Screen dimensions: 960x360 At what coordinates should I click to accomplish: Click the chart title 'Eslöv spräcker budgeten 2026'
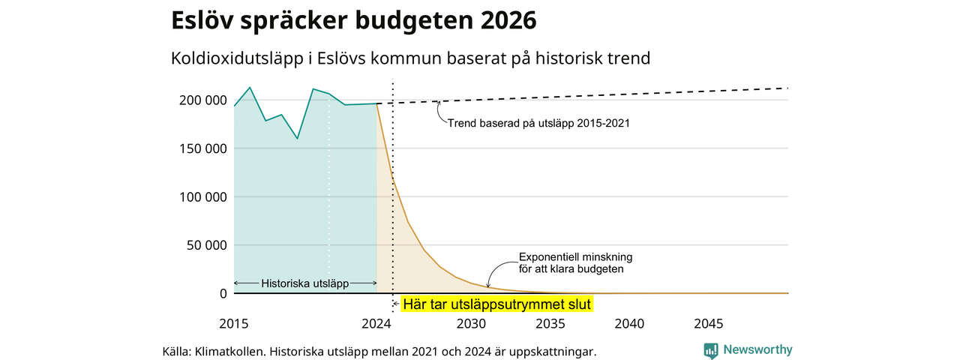pos(353,20)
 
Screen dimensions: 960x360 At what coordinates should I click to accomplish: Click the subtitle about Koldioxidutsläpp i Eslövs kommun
pos(410,58)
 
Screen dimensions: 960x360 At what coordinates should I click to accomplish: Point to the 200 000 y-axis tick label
pos(202,100)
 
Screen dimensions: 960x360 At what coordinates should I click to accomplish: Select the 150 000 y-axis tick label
pos(202,148)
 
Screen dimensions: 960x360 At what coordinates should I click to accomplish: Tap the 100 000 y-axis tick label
pos(202,197)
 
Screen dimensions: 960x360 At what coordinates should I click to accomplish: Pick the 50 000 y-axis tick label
pos(206,245)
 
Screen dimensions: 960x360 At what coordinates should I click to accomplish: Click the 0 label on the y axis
pos(223,293)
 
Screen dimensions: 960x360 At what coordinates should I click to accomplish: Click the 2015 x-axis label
pos(233,323)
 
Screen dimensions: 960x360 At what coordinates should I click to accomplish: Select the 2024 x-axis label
pos(376,323)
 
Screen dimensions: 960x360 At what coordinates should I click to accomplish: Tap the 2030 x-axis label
pos(471,323)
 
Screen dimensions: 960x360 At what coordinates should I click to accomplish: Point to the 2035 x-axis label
pos(550,323)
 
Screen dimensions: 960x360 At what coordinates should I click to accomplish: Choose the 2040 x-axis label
pos(629,323)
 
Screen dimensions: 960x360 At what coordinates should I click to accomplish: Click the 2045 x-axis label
pos(709,323)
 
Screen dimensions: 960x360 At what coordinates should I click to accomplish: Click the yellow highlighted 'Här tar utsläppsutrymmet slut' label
pos(497,304)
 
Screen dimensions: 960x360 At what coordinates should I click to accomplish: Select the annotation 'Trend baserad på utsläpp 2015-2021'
pos(538,124)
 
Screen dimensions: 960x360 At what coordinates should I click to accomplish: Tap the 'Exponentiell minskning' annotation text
pos(575,257)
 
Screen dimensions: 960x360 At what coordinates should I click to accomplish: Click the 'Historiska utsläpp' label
pos(305,283)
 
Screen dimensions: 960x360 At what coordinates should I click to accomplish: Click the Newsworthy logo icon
pos(711,351)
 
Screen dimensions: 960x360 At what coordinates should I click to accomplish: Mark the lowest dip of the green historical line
pos(298,139)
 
